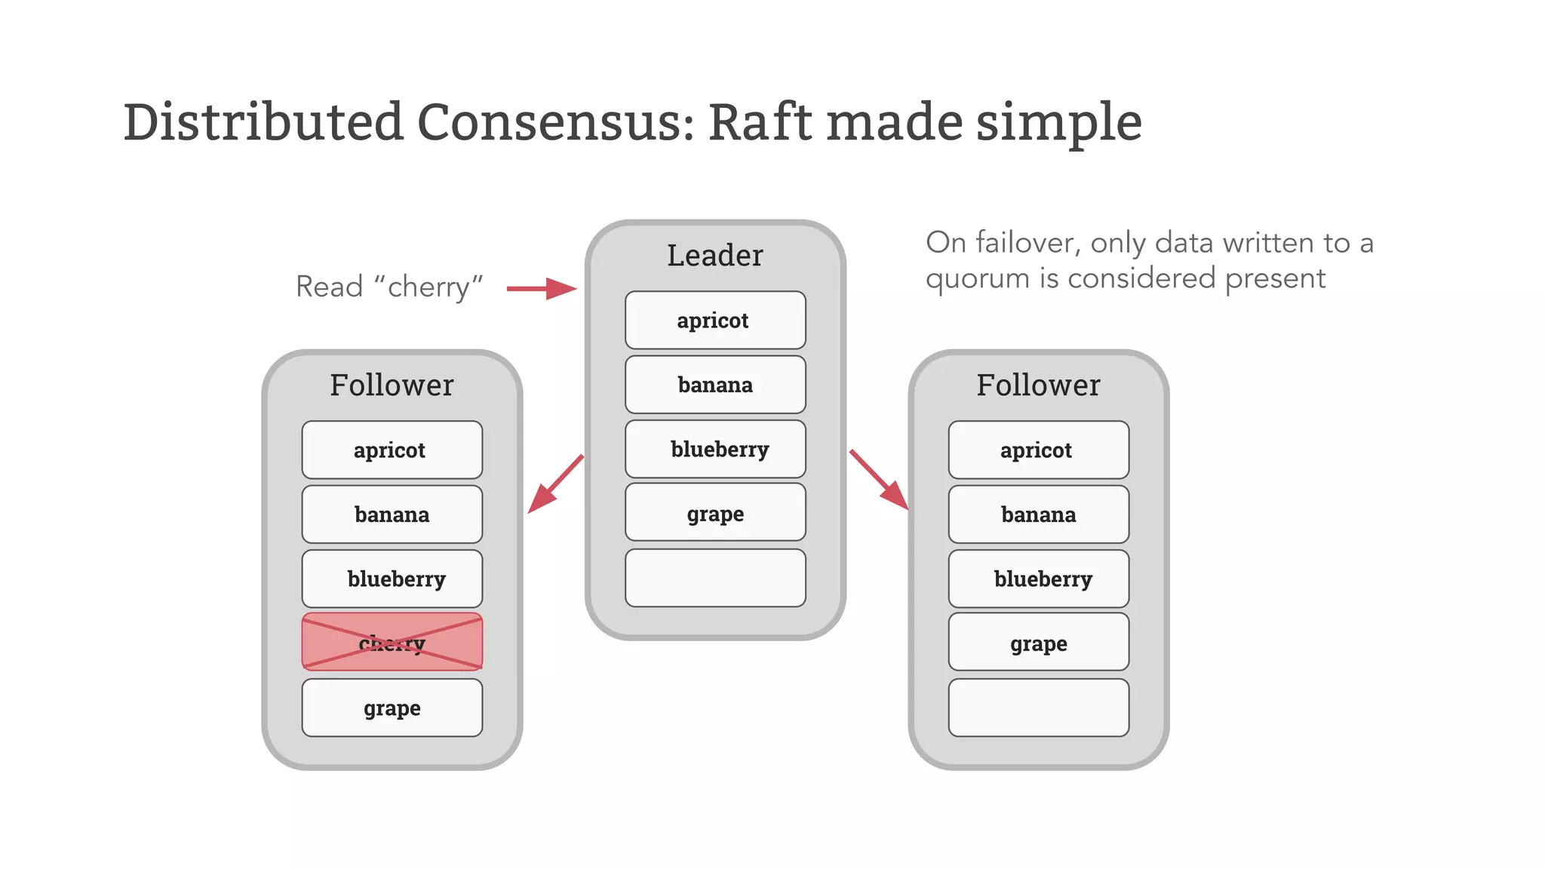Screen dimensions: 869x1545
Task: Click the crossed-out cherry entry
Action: (392, 642)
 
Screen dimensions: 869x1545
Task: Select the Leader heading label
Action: (714, 256)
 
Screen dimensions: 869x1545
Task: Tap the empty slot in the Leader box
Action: (715, 578)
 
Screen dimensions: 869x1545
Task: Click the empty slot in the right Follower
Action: (1038, 708)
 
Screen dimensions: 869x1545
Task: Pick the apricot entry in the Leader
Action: (715, 320)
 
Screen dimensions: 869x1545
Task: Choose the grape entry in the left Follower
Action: (392, 708)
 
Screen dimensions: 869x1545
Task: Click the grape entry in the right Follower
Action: (1038, 643)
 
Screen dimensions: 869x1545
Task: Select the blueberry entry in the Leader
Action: (715, 449)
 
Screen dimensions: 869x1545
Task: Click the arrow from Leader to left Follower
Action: (554, 485)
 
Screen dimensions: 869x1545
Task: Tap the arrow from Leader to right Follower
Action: (879, 481)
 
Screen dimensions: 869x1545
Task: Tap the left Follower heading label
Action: (392, 385)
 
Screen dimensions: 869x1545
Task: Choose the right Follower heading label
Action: (1038, 385)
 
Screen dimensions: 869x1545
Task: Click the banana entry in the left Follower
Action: (392, 514)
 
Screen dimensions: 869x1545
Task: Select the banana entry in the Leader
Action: (715, 385)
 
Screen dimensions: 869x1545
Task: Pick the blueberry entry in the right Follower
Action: (1038, 579)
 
